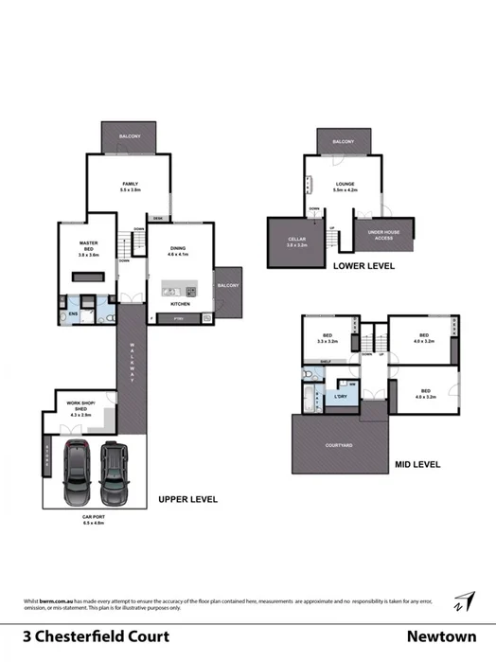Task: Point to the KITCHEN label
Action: pos(180,304)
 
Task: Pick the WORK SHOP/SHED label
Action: pos(80,406)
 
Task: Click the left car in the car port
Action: pos(74,471)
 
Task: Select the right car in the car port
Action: pos(113,469)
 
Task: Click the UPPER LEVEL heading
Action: pos(188,498)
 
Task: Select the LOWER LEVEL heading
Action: pos(363,267)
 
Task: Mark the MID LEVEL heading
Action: pos(417,466)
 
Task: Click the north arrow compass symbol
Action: pos(463,601)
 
